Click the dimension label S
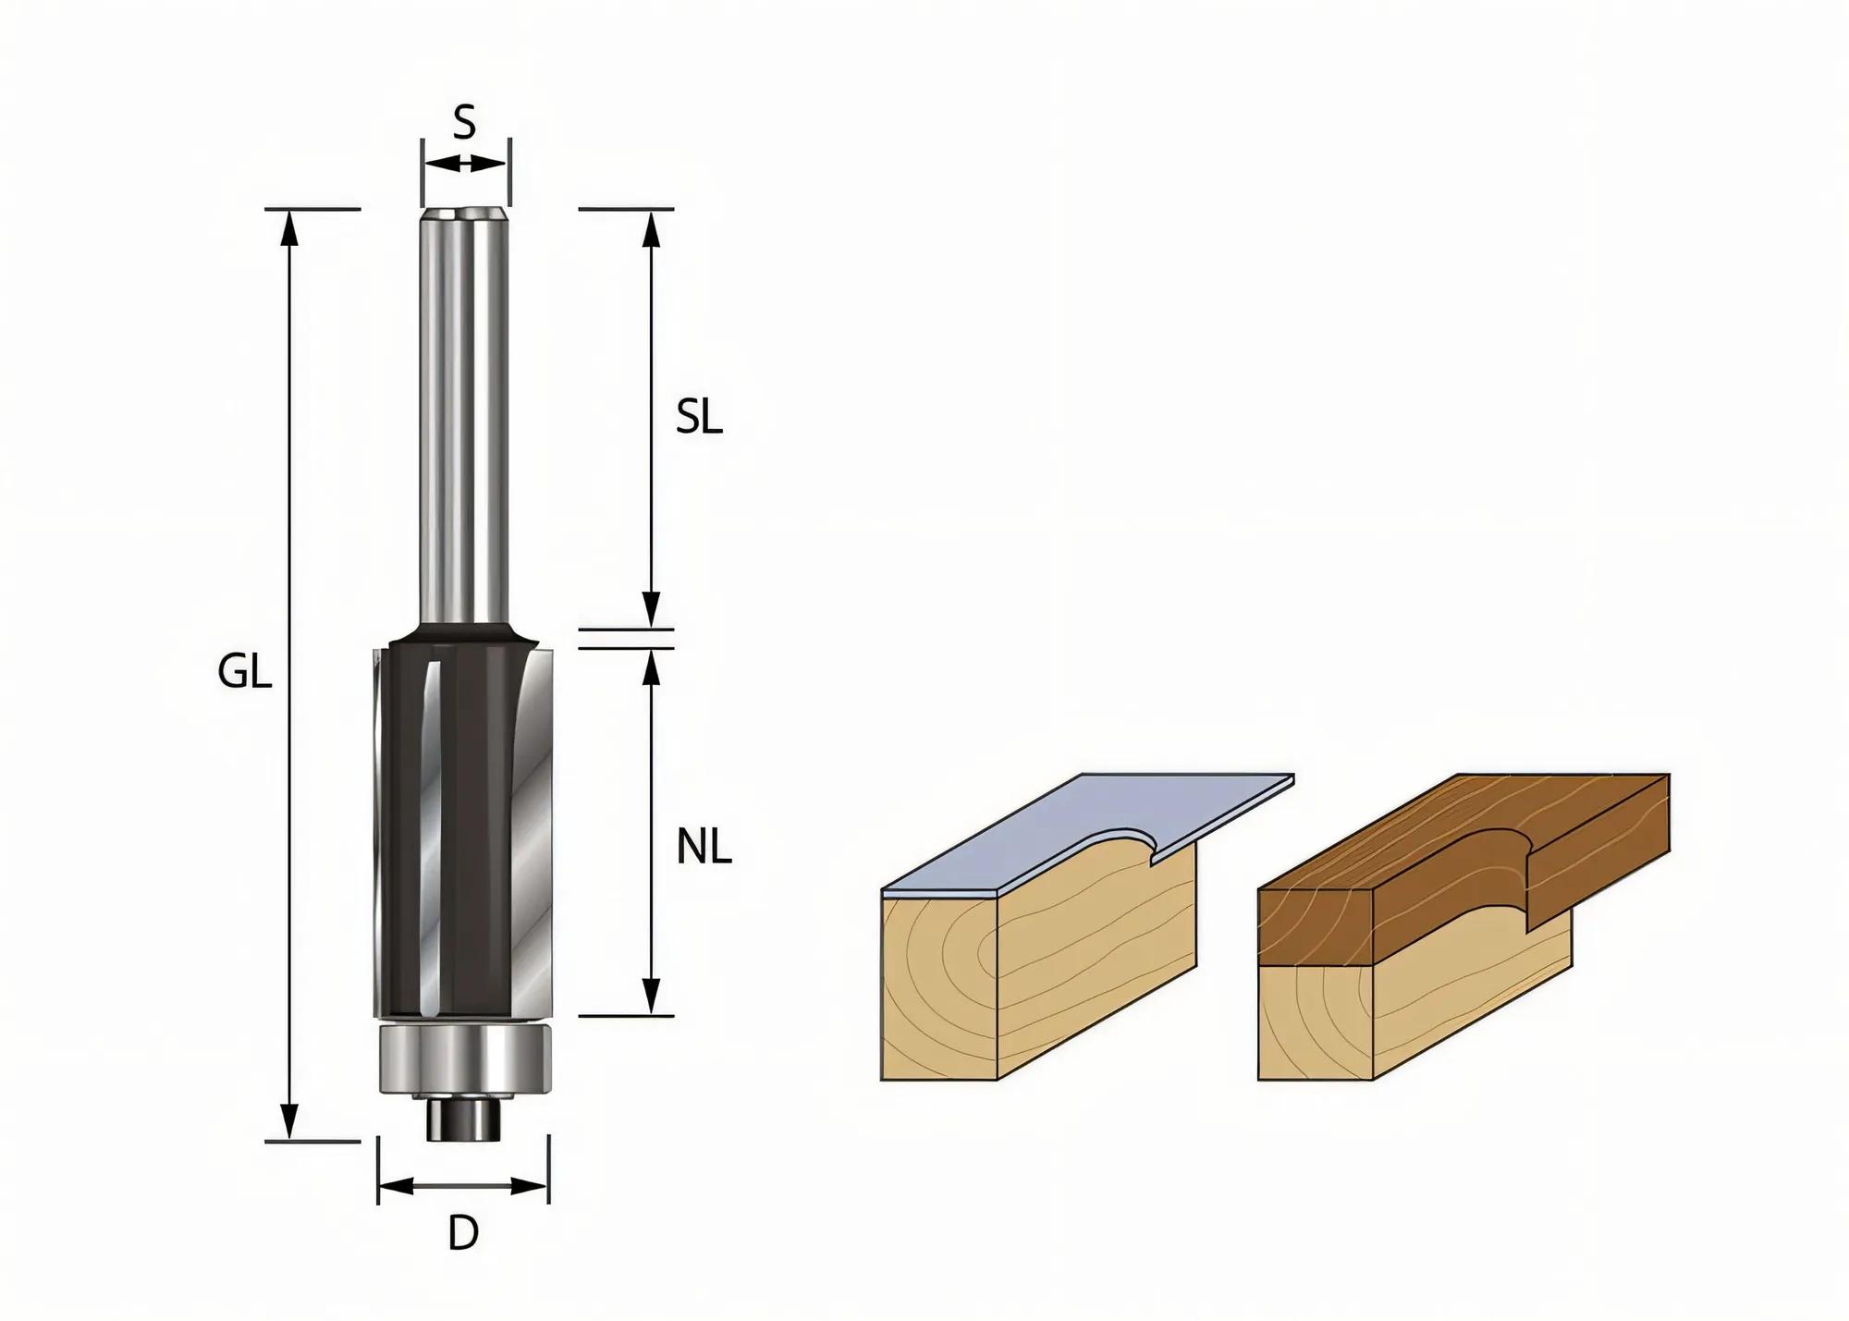(x=464, y=122)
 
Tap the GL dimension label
(x=245, y=673)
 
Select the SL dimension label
(x=698, y=419)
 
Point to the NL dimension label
(x=704, y=848)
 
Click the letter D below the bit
(x=463, y=1233)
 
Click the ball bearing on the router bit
(x=465, y=1058)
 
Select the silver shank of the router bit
(x=464, y=416)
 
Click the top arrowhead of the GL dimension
(x=290, y=226)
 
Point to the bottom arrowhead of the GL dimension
(x=290, y=1122)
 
